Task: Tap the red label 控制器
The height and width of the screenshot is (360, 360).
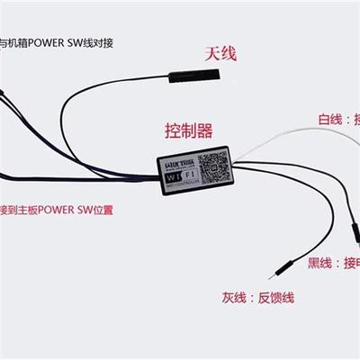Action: click(189, 131)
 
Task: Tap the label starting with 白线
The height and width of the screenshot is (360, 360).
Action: click(338, 118)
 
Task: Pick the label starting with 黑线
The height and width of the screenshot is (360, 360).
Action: click(334, 263)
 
